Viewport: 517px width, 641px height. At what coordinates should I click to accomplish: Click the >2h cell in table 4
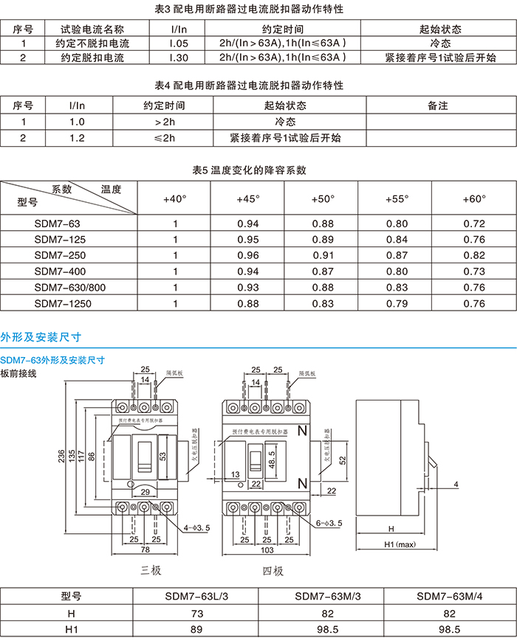(x=165, y=122)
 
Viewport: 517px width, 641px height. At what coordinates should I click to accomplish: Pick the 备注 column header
(x=438, y=106)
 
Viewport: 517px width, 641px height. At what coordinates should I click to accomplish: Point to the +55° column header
(x=397, y=199)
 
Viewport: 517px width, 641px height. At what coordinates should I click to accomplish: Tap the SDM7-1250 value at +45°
(x=248, y=302)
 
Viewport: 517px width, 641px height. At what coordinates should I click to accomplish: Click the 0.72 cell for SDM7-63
(x=473, y=224)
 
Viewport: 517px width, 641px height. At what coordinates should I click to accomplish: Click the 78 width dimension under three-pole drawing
(x=145, y=550)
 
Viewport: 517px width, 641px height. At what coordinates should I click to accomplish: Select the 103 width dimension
(x=267, y=550)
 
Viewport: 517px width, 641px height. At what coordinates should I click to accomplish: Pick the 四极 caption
(x=272, y=571)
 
